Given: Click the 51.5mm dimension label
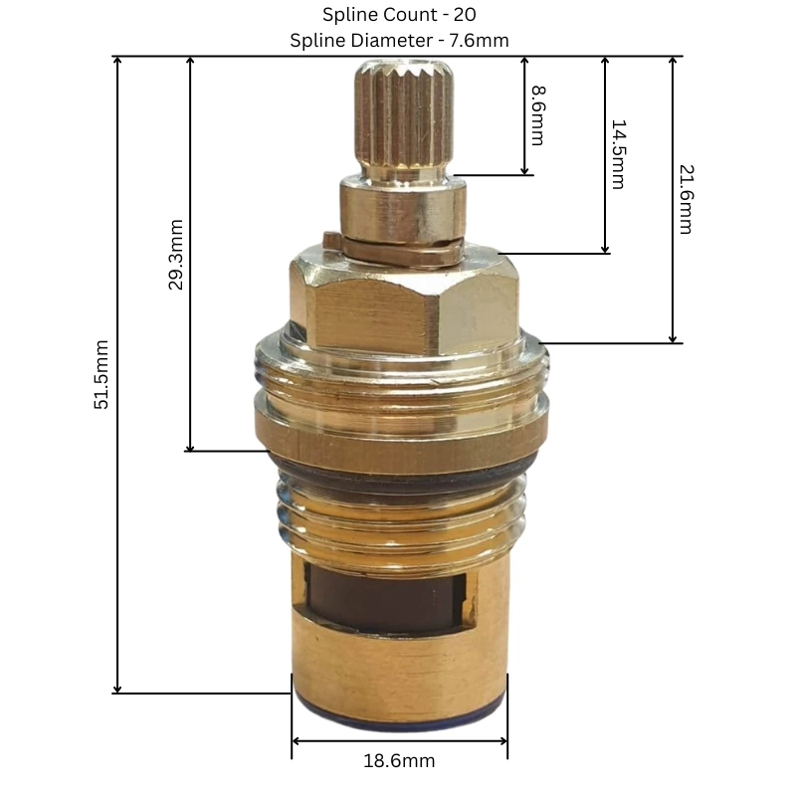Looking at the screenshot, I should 102,376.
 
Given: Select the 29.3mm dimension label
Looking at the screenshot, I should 175,255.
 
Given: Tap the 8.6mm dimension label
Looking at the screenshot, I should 537,115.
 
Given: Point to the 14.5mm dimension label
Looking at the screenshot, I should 617,154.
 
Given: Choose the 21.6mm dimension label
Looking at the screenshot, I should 685,200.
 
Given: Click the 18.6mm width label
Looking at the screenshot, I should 399,761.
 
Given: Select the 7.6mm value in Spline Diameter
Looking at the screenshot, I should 480,40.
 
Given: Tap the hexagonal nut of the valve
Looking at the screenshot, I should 403,303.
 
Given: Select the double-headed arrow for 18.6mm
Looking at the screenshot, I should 399,741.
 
